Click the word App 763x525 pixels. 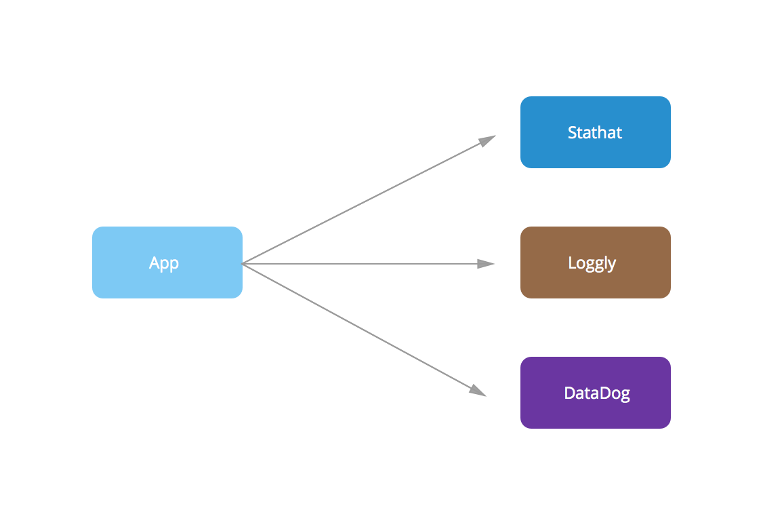[x=164, y=262]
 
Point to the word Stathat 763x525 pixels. [x=595, y=132]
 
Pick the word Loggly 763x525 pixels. [x=592, y=263]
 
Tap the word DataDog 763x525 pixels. [x=597, y=393]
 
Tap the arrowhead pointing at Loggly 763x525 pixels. [x=487, y=263]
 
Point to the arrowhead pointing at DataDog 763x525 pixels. [x=478, y=390]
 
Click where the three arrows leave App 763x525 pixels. [x=243, y=263]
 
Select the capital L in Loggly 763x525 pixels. [x=572, y=262]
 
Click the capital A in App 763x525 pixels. [x=154, y=262]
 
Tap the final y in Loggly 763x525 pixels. [x=612, y=265]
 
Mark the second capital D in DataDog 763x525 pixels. [x=602, y=393]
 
